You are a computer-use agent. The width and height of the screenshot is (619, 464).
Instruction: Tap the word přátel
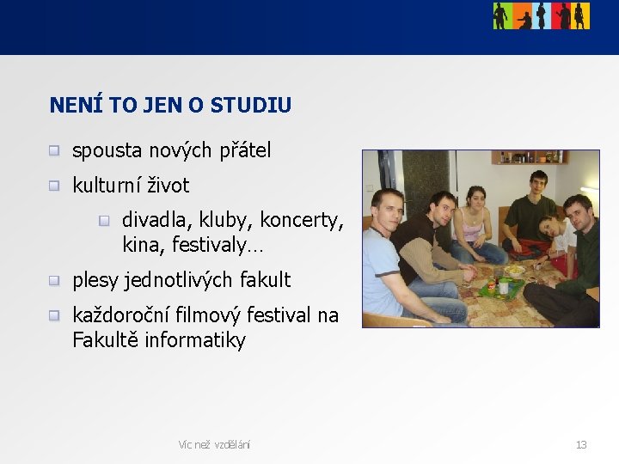tap(244, 151)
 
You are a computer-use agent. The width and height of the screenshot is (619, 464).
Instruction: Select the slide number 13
tap(581, 444)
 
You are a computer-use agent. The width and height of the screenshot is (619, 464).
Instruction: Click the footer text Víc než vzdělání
tap(214, 444)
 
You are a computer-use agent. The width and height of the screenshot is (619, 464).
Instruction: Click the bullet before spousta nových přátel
tap(54, 151)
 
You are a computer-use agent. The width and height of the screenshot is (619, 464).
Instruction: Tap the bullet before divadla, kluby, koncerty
tap(104, 221)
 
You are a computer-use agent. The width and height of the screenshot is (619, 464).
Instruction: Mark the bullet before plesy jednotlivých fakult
tap(54, 280)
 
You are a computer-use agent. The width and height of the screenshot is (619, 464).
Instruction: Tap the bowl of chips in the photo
tap(514, 270)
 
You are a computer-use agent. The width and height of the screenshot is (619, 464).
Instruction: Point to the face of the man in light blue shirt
tap(389, 210)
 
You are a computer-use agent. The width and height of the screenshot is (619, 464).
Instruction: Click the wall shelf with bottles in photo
tap(530, 158)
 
